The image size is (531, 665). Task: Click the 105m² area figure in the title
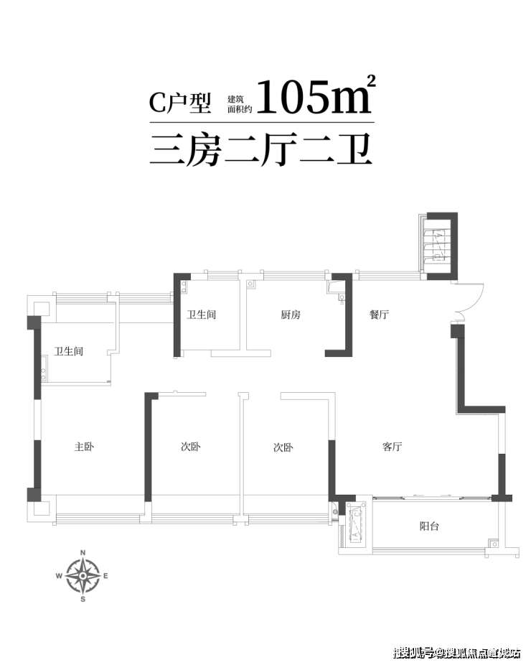pos(314,98)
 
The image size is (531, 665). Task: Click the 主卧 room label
pos(84,447)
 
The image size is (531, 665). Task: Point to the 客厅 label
pos(392,447)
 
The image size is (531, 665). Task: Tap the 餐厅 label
pos(378,315)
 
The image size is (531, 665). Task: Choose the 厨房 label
pos(290,315)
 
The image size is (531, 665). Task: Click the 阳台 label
pos(429,526)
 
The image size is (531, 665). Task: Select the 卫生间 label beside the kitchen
pos(202,315)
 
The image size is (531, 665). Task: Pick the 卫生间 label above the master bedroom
pos(69,351)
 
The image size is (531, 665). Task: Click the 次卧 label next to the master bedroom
pos(191,447)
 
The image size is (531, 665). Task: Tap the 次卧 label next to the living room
pos(283,447)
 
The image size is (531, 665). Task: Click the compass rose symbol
pos(83,575)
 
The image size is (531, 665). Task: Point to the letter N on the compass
pos(83,552)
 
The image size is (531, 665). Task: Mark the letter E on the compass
pos(106,576)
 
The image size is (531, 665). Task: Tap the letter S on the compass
pos(83,598)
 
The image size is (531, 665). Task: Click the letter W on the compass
pos(60,576)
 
